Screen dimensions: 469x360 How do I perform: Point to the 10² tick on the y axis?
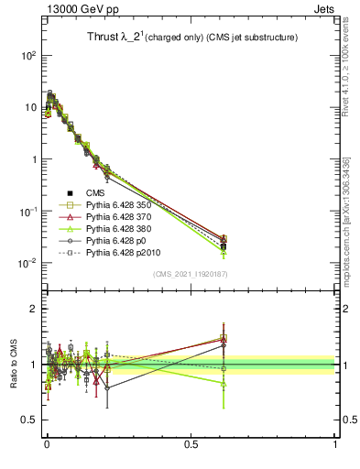tap(27, 56)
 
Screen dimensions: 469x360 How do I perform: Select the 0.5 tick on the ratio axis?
tap(28, 420)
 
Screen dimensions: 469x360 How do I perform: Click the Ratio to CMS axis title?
tap(12, 364)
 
